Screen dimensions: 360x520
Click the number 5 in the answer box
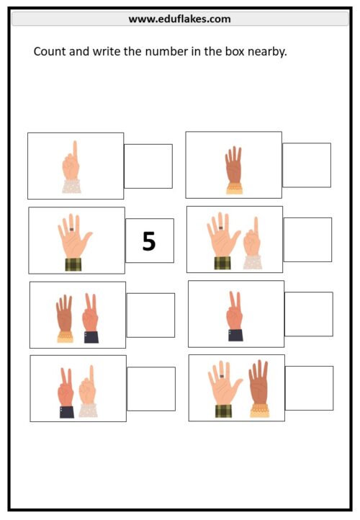click(149, 241)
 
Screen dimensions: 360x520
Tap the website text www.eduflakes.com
click(180, 19)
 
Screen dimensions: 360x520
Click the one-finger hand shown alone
click(71, 167)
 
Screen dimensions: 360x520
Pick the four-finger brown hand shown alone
click(234, 170)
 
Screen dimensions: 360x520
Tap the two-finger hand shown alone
click(235, 316)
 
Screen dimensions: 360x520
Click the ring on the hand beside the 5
click(71, 229)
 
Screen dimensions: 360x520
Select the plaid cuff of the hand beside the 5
click(73, 264)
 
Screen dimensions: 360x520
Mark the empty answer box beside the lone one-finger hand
click(148, 166)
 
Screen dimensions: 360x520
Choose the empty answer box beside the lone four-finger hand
click(307, 165)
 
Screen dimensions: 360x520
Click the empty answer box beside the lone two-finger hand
click(309, 314)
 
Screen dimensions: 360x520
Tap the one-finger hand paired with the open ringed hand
click(252, 243)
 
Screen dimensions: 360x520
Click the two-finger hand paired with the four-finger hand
click(91, 318)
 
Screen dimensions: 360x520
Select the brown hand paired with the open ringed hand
click(259, 388)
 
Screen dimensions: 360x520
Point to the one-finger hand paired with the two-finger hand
click(88, 391)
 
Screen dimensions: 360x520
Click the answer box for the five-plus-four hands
click(310, 388)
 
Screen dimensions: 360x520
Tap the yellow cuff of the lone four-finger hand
click(235, 189)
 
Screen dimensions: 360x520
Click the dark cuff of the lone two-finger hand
click(235, 336)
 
